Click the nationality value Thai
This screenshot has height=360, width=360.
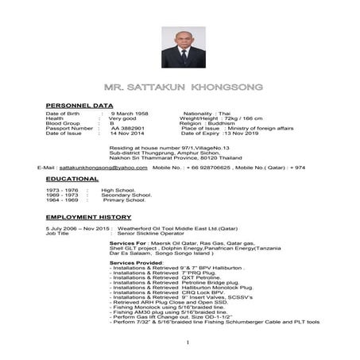[x=224, y=114]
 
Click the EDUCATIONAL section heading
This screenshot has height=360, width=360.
[x=72, y=180]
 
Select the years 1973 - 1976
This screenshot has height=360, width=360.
[x=62, y=191]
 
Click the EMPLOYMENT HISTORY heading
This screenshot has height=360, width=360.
[x=88, y=216]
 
